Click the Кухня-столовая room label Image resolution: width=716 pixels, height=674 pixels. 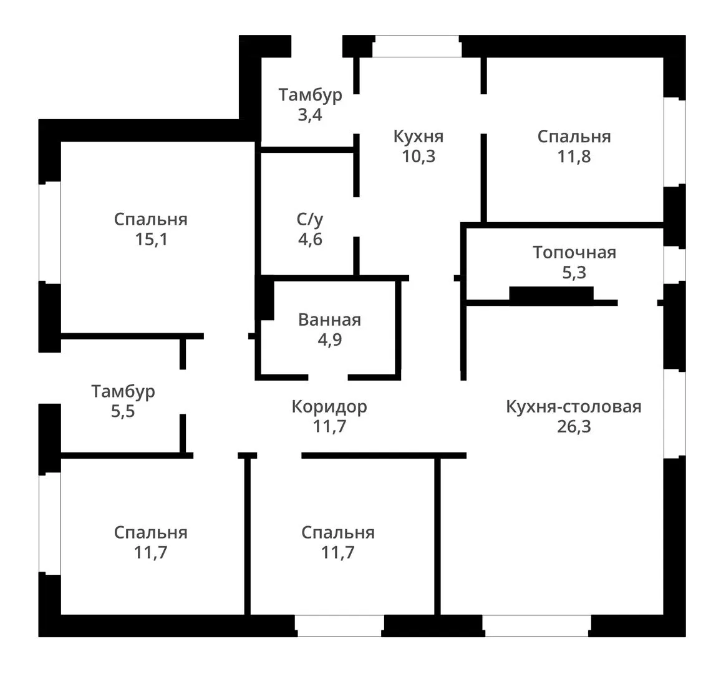point(574,406)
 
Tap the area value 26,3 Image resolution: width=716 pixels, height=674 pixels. point(574,426)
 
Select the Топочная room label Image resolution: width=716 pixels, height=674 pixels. point(574,252)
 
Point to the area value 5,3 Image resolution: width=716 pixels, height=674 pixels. point(574,272)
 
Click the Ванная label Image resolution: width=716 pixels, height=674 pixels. point(329,320)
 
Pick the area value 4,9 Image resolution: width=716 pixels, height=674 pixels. point(330,339)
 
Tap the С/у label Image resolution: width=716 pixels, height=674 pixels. point(310,220)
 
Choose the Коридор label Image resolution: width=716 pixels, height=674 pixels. point(329,407)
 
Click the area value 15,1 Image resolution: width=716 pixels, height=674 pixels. point(151,239)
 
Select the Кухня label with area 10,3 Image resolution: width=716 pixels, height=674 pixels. point(418,136)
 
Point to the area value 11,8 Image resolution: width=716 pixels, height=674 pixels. point(574,156)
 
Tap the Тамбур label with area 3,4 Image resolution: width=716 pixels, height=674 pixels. point(310,95)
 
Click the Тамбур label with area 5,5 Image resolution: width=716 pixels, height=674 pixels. point(123,391)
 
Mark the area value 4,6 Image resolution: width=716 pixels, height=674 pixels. point(310,239)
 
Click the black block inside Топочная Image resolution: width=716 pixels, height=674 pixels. point(551,295)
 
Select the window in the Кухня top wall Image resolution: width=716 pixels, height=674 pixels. point(417,46)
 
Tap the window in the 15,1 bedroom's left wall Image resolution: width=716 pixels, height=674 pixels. point(50,232)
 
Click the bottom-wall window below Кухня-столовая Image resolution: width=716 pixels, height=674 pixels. point(536,625)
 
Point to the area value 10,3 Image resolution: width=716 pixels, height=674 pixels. point(418,156)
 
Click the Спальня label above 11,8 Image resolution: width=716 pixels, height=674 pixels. point(574,137)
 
